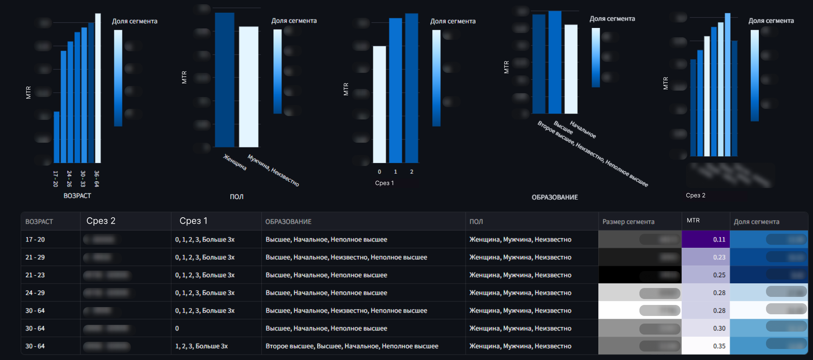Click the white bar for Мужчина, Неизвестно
click(249, 87)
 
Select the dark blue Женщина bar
click(224, 80)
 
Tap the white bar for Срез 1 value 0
click(379, 104)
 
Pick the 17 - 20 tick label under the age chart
click(55, 179)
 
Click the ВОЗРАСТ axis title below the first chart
click(77, 196)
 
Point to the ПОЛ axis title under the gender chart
click(236, 197)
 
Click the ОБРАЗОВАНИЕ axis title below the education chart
click(555, 197)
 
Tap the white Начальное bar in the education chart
click(571, 69)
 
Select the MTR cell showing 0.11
click(706, 239)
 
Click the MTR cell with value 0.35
click(706, 346)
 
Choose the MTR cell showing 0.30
click(706, 328)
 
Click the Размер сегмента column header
click(628, 222)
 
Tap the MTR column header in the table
click(693, 220)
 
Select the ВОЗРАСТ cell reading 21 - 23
click(35, 275)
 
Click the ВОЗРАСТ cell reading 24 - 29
click(35, 293)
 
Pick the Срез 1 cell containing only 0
click(177, 328)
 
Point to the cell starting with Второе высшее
click(351, 346)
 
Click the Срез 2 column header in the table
click(101, 221)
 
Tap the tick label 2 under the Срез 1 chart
click(412, 172)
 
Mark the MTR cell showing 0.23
click(706, 257)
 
